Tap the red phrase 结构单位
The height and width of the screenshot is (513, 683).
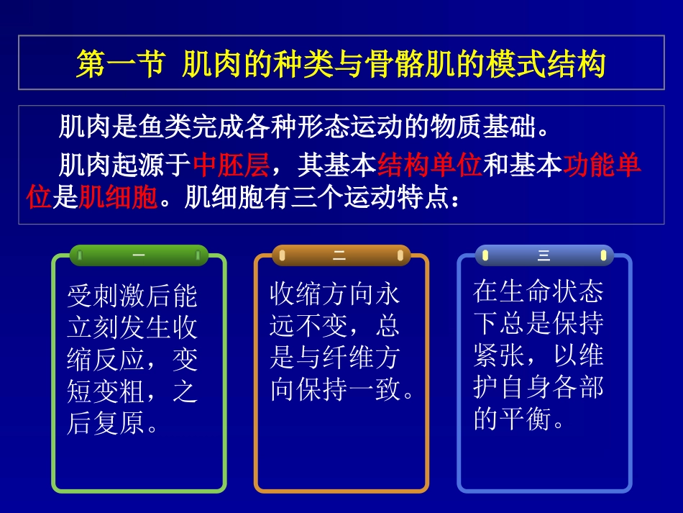pos(429,165)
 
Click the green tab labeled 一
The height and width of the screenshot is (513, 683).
pos(138,255)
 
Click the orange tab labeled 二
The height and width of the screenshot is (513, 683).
pos(340,255)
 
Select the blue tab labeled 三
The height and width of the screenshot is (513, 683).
pos(544,255)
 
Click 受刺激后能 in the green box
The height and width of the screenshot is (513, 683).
pos(132,295)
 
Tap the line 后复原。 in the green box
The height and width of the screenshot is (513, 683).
pos(114,424)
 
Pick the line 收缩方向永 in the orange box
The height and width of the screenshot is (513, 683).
pos(334,294)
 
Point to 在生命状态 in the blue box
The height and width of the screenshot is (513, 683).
pos(538,291)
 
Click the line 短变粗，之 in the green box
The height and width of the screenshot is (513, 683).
pos(132,392)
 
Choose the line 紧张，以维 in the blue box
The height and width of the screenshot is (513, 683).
pos(538,355)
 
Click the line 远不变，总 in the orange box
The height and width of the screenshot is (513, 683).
pos(334,327)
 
